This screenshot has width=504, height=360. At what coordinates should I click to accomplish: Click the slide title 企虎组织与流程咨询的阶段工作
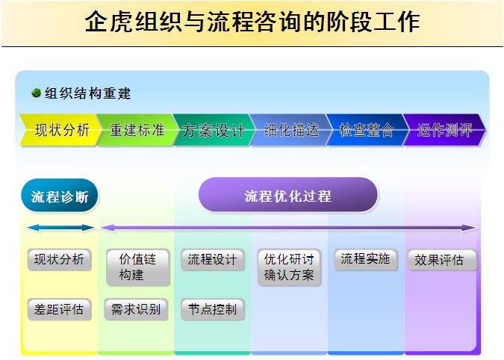point(252,22)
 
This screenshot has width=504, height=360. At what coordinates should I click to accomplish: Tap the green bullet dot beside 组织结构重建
point(37,93)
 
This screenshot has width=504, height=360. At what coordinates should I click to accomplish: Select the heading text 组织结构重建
point(88,93)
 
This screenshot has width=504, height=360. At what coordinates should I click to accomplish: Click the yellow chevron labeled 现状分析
point(60,130)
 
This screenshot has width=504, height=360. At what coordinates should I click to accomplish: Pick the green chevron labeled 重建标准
point(137,130)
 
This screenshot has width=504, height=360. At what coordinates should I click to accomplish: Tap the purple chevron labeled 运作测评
point(444,130)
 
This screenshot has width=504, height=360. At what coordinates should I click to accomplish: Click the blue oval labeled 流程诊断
point(60,196)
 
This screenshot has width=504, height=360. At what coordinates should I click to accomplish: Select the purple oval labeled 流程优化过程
point(288,195)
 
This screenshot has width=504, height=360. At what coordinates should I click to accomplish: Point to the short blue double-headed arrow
point(60,228)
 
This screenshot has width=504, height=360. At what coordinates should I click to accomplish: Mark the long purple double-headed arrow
point(288,228)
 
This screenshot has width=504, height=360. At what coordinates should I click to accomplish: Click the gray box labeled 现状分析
point(60,259)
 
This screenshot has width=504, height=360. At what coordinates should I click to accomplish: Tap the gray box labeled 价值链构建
point(138,267)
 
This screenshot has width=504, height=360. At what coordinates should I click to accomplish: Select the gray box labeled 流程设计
point(213,259)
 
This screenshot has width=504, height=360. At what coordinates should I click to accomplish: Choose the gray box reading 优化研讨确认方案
point(289,267)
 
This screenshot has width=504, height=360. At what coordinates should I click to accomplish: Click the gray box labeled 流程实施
point(366,259)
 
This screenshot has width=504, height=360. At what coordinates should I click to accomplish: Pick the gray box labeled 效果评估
point(442,260)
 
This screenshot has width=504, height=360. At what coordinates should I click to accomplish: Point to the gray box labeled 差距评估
point(60,309)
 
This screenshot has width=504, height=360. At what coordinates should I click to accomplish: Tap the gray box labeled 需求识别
point(136,309)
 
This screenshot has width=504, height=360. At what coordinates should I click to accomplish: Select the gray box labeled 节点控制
point(213,309)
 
